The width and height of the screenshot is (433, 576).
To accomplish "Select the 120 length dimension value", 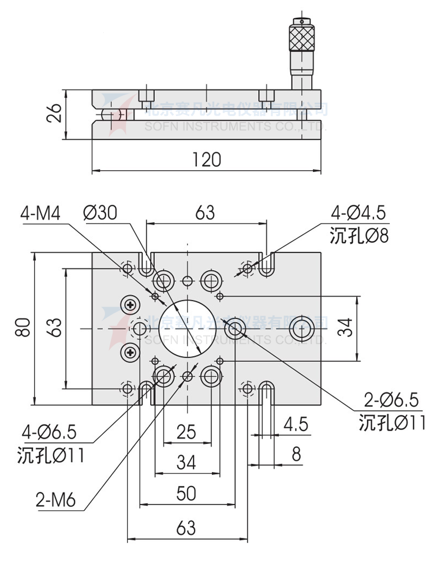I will tap(206, 160).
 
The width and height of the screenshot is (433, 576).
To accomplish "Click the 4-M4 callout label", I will tap(40, 213).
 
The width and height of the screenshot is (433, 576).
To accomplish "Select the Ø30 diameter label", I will tap(100, 213).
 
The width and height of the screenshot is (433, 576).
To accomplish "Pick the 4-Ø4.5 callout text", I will tap(358, 214).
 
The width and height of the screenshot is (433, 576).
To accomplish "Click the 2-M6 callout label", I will tap(55, 500).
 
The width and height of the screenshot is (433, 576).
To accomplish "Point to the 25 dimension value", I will tap(186, 432).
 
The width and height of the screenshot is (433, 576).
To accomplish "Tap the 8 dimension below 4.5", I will tap(296, 454).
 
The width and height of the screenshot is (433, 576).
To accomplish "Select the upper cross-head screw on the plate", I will tap(131, 304).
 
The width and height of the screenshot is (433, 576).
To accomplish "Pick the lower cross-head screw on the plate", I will tap(131, 351).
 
